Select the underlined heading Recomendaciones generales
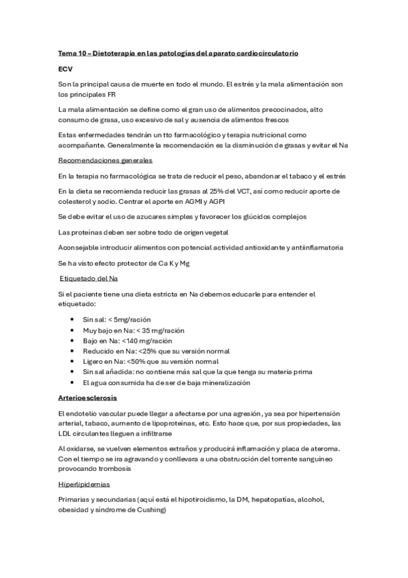click(x=105, y=161)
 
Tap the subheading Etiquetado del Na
click(x=91, y=279)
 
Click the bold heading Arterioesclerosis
click(x=87, y=397)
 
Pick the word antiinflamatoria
click(x=315, y=247)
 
